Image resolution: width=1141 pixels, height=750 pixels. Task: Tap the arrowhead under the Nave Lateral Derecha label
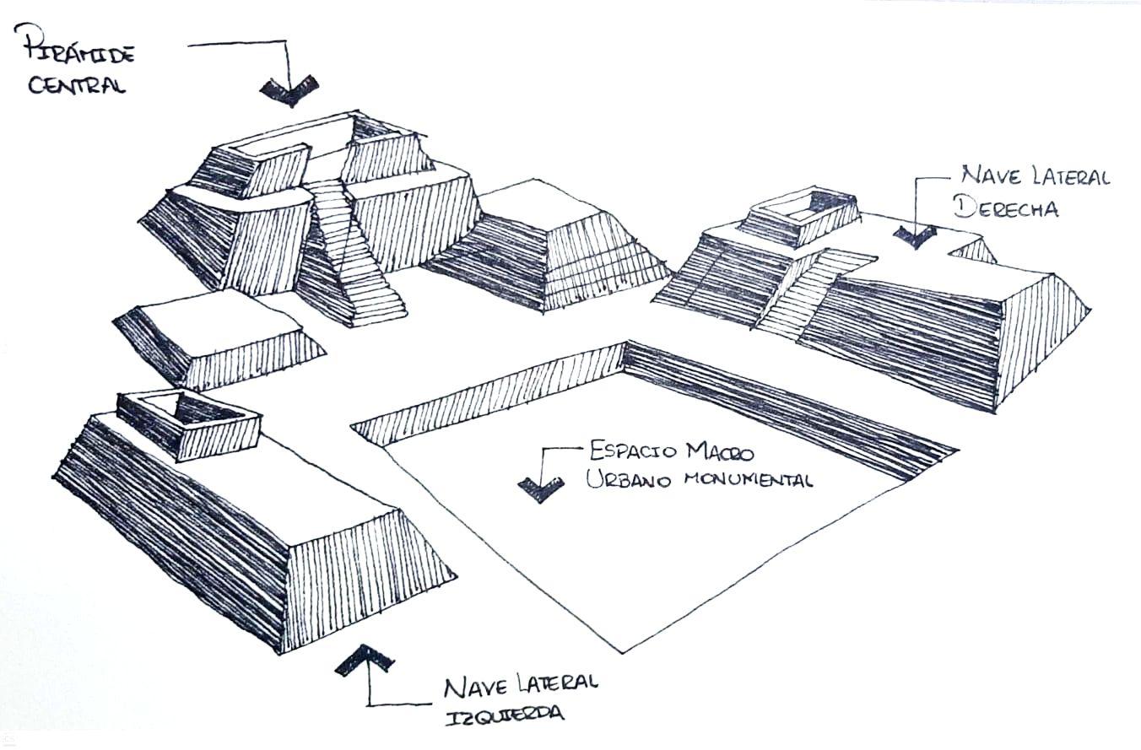click(x=914, y=235)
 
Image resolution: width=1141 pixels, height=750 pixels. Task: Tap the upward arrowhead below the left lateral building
click(x=365, y=660)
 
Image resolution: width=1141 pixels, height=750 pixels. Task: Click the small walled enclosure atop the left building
click(x=187, y=424)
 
